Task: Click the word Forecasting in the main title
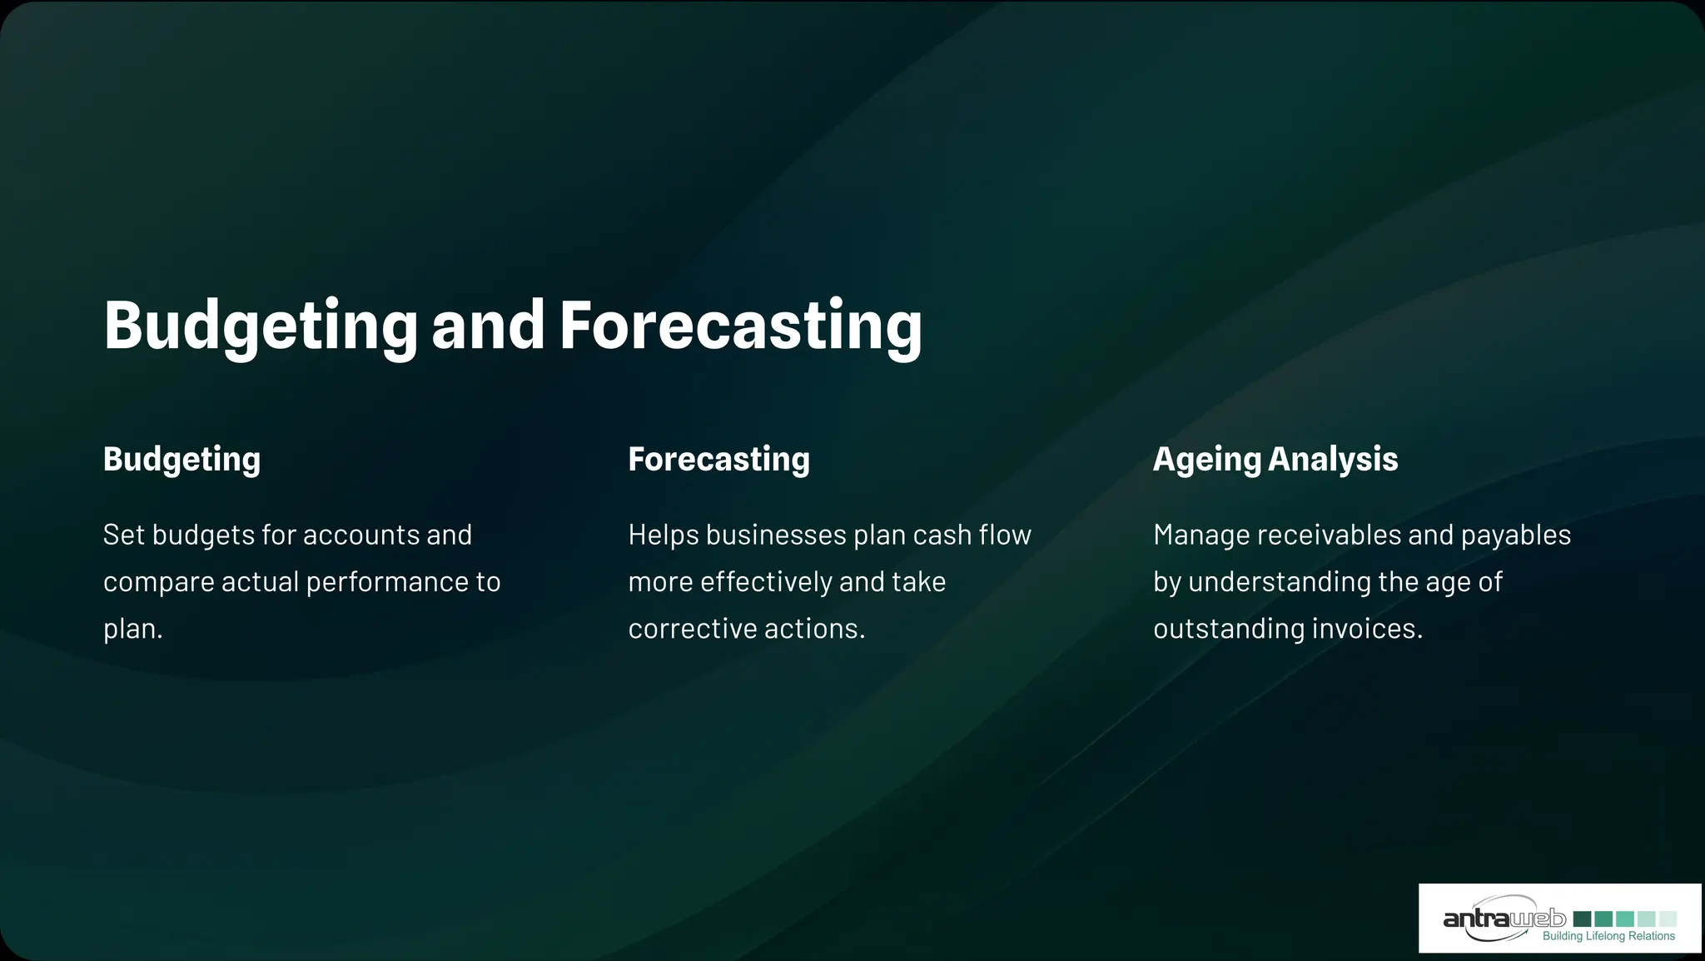[x=740, y=325]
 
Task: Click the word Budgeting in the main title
[x=260, y=325]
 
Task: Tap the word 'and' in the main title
[x=488, y=325]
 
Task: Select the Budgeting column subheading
[x=181, y=460]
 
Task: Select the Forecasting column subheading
[x=718, y=460]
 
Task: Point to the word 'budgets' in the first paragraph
[x=203, y=535]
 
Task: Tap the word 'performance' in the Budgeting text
[x=387, y=581]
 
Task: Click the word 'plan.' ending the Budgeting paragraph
[x=132, y=629]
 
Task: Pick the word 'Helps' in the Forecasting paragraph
[x=663, y=535]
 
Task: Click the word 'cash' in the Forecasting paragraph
[x=942, y=535]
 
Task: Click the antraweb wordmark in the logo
[x=1504, y=919]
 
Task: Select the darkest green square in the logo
[x=1582, y=919]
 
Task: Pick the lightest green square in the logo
[x=1668, y=919]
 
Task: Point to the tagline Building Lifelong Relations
[x=1608, y=937]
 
